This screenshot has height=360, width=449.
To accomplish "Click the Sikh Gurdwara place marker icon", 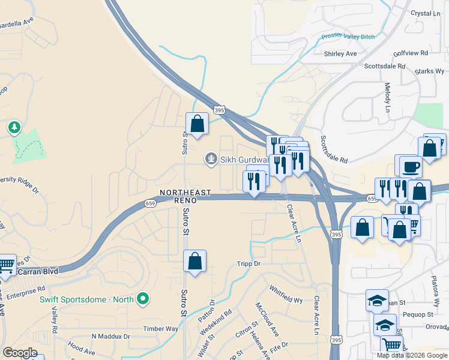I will pyautogui.click(x=211, y=159).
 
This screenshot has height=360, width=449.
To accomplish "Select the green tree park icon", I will pyautogui.click(x=14, y=128).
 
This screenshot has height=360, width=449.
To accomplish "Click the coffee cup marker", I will pyautogui.click(x=411, y=166).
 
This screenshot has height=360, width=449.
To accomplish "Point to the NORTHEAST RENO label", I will pyautogui.click(x=185, y=196).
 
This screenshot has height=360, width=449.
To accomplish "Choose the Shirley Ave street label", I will pyautogui.click(x=340, y=53).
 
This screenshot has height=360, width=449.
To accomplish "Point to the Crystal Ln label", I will pyautogui.click(x=426, y=13).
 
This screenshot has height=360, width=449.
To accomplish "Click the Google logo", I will pyautogui.click(x=20, y=353).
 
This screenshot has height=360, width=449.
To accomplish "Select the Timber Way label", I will pyautogui.click(x=161, y=329).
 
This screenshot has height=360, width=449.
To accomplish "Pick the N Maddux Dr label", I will pyautogui.click(x=110, y=337).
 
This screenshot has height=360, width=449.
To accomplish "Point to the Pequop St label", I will pyautogui.click(x=417, y=314).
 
